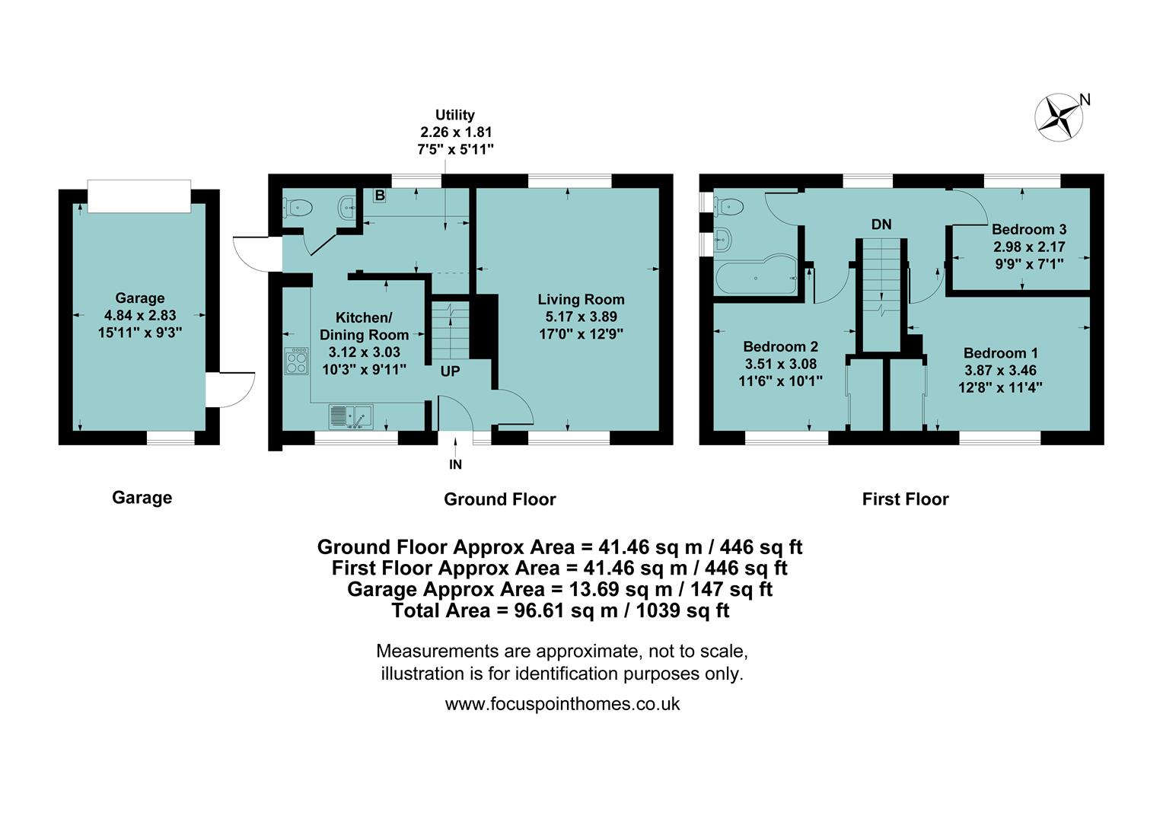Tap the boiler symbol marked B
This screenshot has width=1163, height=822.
tap(380, 196)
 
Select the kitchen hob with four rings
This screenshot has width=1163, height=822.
tap(296, 361)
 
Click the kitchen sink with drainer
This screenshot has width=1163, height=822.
tap(350, 417)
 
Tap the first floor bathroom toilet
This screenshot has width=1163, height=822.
tap(729, 204)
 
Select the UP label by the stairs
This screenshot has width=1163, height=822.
tap(450, 371)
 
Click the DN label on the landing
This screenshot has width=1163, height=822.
tap(881, 225)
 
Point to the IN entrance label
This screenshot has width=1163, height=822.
tap(455, 464)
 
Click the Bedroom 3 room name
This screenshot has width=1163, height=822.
tap(1028, 229)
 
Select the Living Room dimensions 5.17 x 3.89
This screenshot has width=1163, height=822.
tap(581, 317)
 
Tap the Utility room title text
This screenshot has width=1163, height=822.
tap(455, 115)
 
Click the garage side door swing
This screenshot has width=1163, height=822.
tap(234, 388)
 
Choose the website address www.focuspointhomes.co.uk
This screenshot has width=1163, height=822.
tap(562, 704)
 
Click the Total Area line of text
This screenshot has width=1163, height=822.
tap(560, 610)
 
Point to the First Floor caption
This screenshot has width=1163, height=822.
tap(905, 499)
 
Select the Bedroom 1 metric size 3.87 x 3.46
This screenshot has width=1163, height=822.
tap(1000, 371)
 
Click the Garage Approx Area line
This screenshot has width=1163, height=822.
tap(559, 589)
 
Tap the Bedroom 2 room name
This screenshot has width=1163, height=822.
tap(780, 346)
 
